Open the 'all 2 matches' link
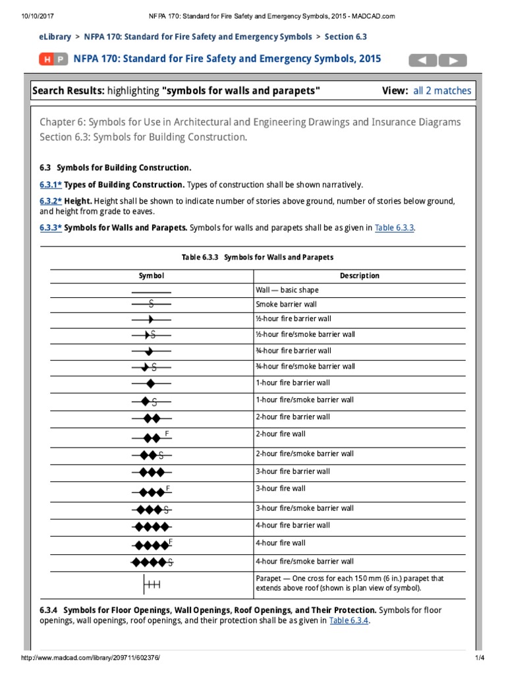(442, 91)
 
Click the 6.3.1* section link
(51, 185)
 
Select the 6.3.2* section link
(51, 200)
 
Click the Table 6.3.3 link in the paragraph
(394, 228)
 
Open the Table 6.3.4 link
(349, 620)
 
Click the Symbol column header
(151, 276)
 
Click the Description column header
(359, 276)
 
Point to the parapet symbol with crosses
(151, 583)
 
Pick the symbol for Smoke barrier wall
(151, 304)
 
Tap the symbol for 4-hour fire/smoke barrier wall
(152, 562)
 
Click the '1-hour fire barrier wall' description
(293, 383)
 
